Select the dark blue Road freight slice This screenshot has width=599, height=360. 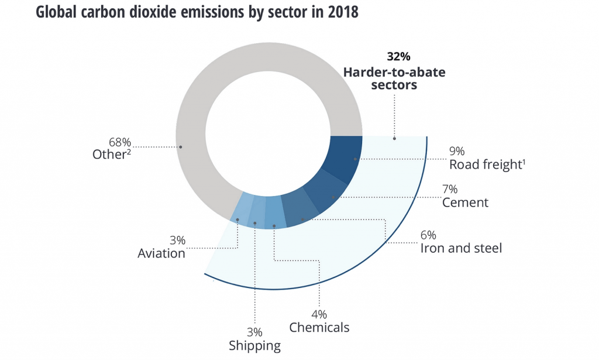click(345, 158)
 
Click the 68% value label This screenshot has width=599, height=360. click(121, 142)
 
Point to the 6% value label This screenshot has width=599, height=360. click(429, 235)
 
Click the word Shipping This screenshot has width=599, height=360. click(255, 345)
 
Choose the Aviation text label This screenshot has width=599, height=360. click(161, 253)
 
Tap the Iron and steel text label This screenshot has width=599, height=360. click(461, 248)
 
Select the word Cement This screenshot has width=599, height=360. click(465, 203)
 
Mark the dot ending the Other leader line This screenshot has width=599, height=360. click(181, 146)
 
